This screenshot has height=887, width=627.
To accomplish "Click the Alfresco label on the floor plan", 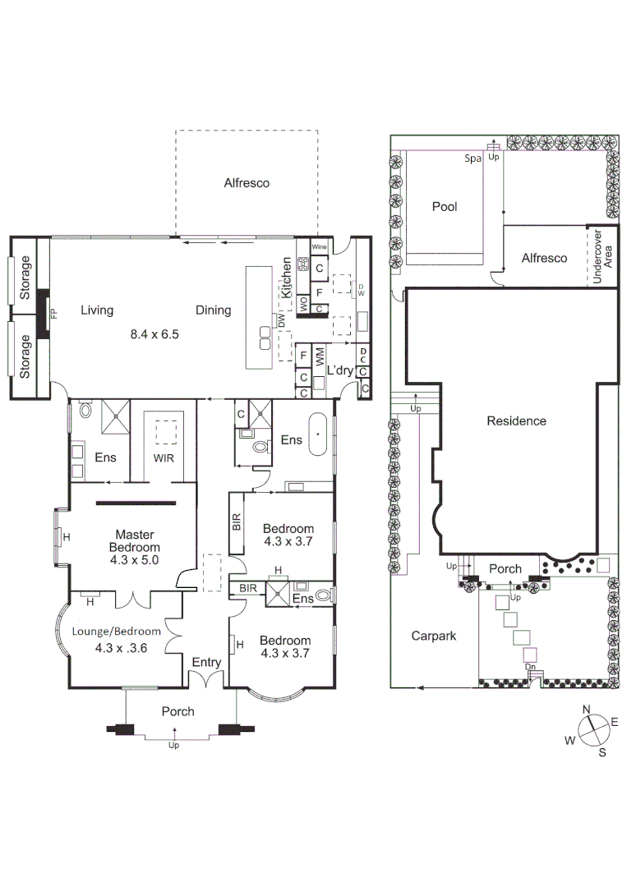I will pos(247,183).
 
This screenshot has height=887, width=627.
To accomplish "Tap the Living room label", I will pos(97,310).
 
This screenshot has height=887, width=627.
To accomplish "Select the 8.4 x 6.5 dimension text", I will pos(154,334).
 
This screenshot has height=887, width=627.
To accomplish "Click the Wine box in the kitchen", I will pos(320,246).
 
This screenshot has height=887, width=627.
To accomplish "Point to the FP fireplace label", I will pos(55,313).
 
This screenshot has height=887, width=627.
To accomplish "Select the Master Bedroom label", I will pos(136,547).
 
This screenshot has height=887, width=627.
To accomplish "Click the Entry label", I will pos(206,662).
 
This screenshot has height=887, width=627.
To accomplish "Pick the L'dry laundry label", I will pos(339,371).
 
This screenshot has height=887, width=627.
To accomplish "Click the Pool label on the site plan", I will pos(445,207).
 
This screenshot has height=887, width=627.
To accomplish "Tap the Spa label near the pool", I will pos(473,159).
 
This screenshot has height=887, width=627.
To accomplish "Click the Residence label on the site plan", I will pos(516,421).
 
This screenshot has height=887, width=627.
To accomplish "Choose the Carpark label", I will pos(433,635).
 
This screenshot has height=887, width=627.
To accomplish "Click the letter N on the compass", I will pos(587,710).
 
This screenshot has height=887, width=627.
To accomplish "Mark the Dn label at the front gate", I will pos(532,668).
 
